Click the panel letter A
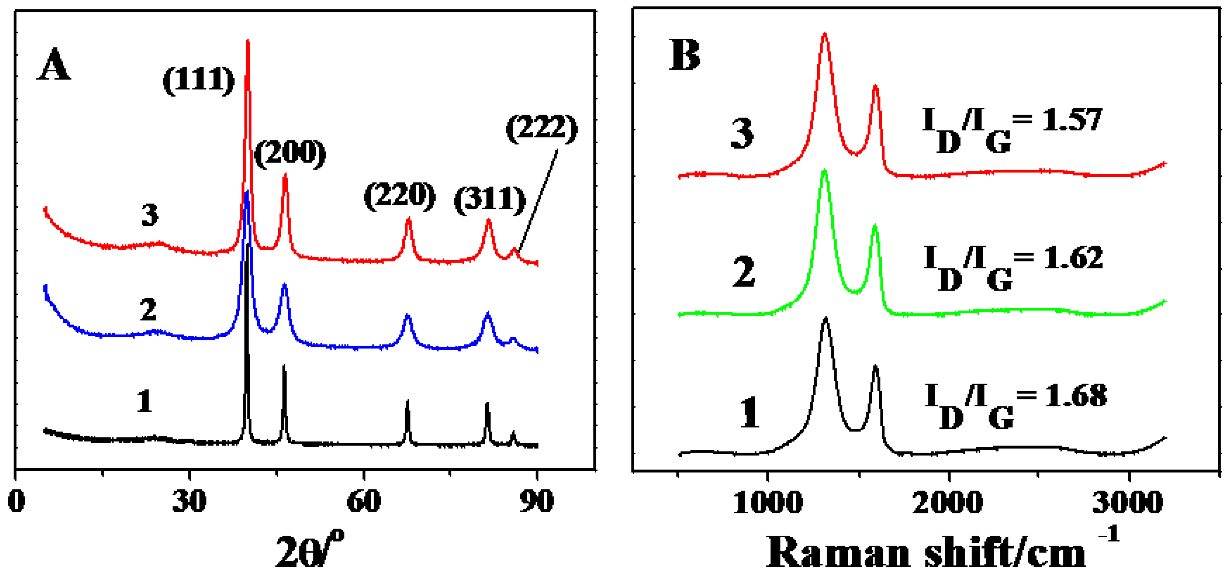point(54,65)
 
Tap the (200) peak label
point(290,153)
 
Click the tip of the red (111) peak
point(247,42)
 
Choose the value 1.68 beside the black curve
point(1075,396)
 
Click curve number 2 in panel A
point(148,310)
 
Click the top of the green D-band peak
point(824,170)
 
